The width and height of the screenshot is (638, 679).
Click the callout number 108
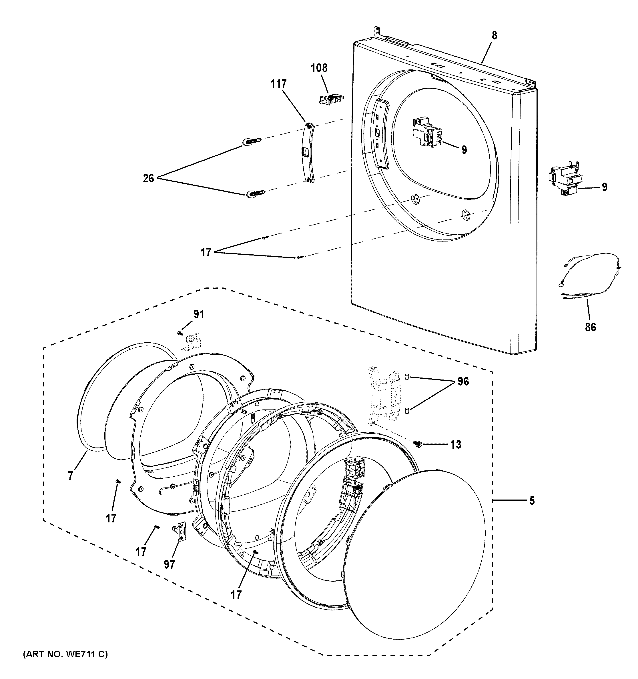pos(319,68)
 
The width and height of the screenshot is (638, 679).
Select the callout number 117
pos(279,84)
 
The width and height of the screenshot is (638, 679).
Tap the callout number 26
pos(148,178)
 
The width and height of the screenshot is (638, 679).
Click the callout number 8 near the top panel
pos(495,35)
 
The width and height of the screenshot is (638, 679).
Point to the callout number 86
pos(590,327)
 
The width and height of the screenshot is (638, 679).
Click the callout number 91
pos(199,314)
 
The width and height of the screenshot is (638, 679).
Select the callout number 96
pos(463,382)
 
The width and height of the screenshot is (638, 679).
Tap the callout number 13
pos(456,444)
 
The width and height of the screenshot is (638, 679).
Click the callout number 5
pos(532,501)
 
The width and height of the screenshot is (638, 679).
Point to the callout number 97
pos(170,565)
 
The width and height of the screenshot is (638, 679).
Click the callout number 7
pos(70,476)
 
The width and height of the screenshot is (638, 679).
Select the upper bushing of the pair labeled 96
pos(407,377)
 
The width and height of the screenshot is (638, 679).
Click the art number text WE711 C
pos(65,654)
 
